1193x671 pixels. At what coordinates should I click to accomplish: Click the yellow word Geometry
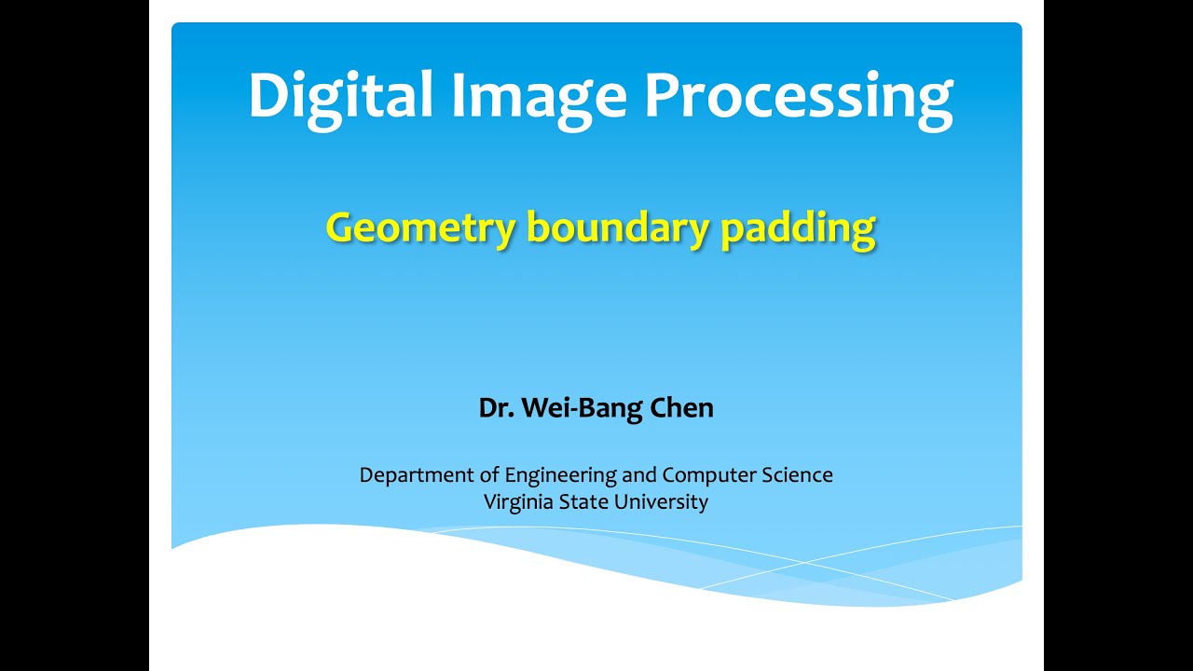[419, 228]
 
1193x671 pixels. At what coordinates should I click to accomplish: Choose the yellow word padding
[799, 228]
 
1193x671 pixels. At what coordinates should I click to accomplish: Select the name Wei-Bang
[570, 408]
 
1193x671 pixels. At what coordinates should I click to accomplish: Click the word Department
[418, 475]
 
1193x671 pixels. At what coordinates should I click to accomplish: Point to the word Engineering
[561, 475]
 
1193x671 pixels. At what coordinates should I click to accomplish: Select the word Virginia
[518, 502]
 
